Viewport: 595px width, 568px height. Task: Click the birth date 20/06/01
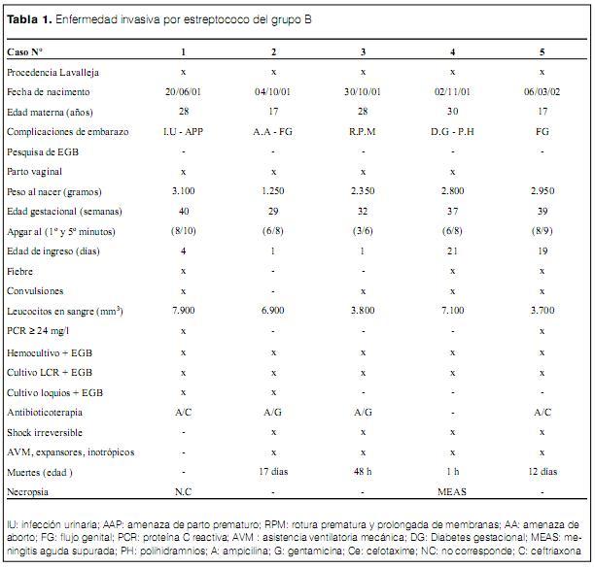tap(183, 91)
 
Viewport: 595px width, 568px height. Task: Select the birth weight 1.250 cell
tap(273, 192)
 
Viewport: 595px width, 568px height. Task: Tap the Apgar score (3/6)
tap(363, 232)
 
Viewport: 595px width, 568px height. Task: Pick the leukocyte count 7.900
tap(183, 311)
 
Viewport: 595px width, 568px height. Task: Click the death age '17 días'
tap(273, 471)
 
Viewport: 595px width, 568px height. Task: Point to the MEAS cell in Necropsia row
tap(452, 491)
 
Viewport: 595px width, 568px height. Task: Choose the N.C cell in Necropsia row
tap(183, 491)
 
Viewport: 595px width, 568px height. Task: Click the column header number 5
tap(542, 50)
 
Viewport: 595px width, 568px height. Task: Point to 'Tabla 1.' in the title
tap(28, 19)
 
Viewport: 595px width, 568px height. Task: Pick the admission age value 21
tap(452, 251)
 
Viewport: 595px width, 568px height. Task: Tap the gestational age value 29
tap(273, 212)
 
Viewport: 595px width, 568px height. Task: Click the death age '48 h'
tap(363, 471)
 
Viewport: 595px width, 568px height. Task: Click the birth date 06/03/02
tap(542, 91)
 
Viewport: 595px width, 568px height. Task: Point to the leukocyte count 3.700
tap(542, 311)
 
